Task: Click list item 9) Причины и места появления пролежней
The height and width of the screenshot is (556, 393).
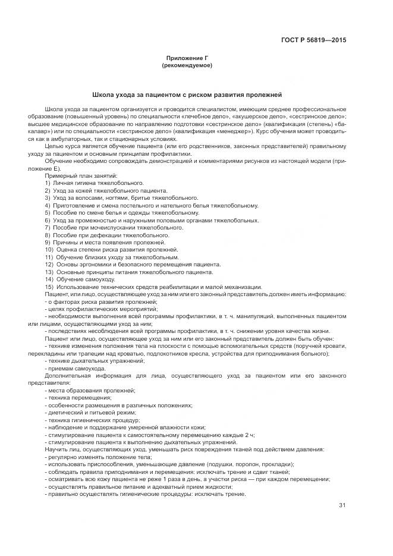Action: pos(105,242)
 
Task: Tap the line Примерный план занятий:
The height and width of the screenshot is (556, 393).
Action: pos(81,175)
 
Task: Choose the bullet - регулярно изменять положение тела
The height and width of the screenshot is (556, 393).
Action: pos(98,457)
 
